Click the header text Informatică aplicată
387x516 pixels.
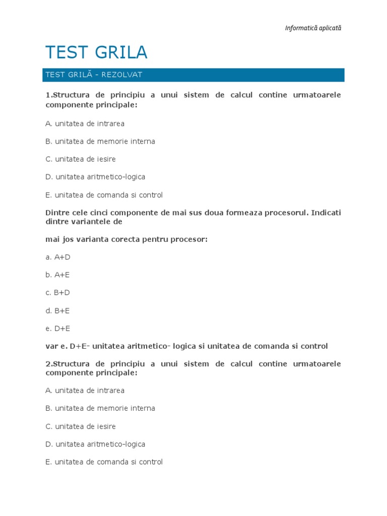[x=313, y=28]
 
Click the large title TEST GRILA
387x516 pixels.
[x=96, y=52]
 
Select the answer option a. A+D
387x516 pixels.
[x=58, y=257]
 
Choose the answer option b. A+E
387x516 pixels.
[x=58, y=275]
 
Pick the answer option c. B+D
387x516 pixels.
[x=58, y=293]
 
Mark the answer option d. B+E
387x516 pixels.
[x=58, y=310]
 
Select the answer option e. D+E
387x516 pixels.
[x=58, y=329]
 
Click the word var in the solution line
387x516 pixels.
[x=51, y=346]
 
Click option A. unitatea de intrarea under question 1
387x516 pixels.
[x=85, y=123]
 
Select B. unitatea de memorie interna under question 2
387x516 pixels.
[x=100, y=408]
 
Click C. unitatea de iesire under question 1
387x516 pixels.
[x=81, y=159]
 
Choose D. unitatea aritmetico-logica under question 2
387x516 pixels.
[x=95, y=444]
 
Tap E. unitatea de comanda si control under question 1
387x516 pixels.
[x=104, y=195]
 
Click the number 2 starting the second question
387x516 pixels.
[x=47, y=364]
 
